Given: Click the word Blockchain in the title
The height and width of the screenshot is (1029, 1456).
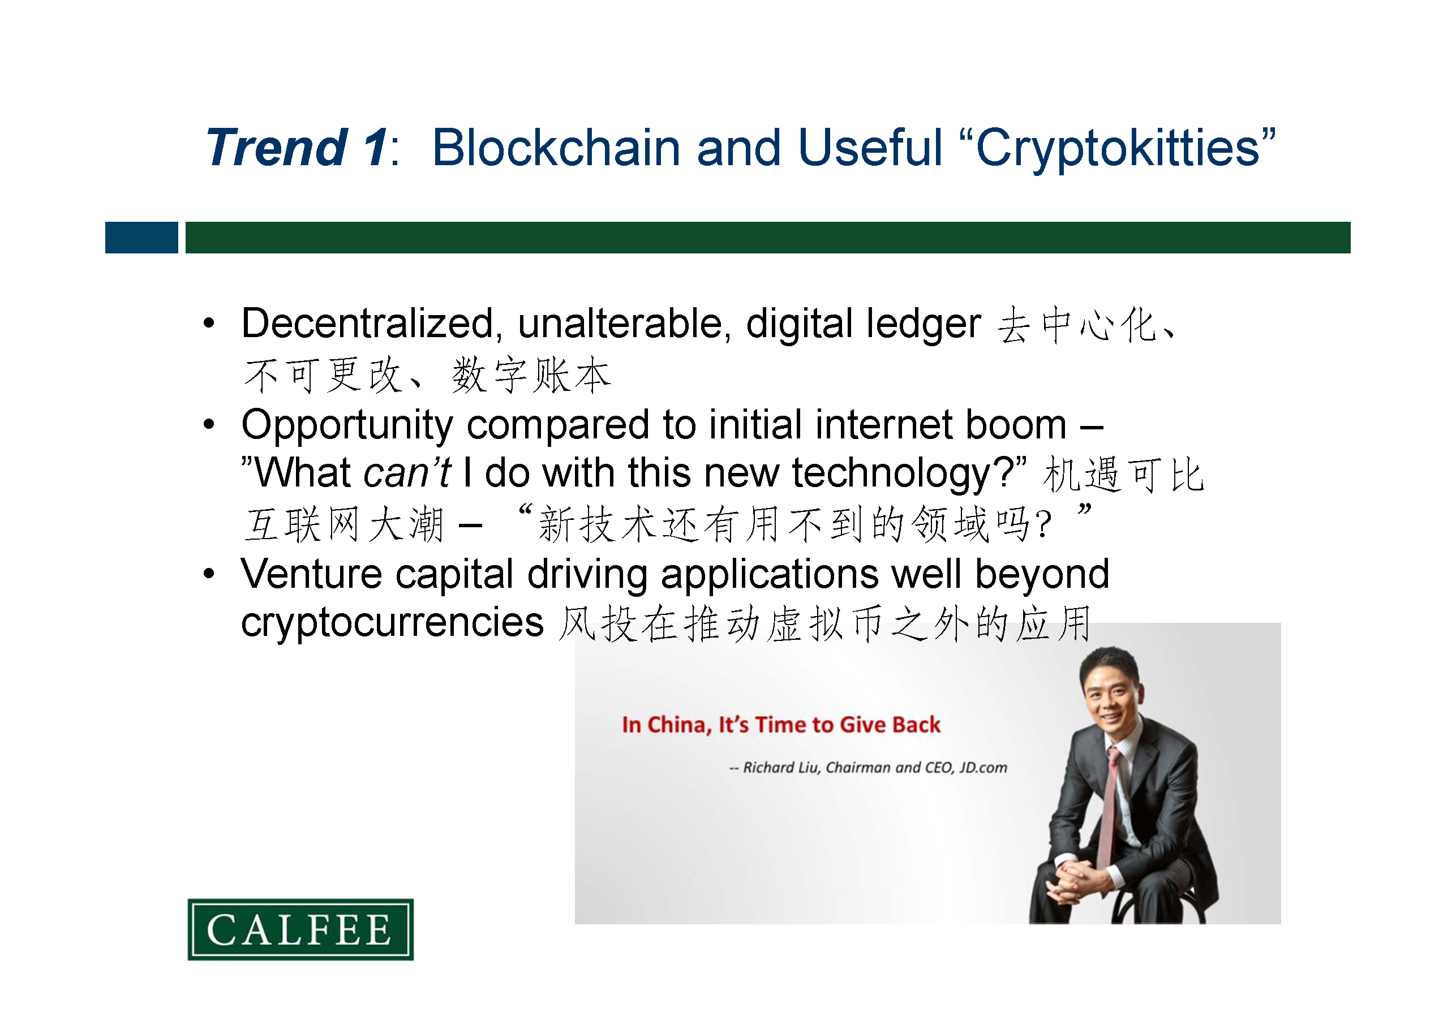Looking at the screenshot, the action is (x=556, y=147).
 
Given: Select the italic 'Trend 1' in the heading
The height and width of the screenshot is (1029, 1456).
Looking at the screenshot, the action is (x=297, y=147).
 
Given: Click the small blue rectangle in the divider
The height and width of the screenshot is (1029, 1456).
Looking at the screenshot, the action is (x=141, y=238).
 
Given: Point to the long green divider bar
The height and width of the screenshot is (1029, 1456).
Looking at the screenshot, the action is (x=768, y=238).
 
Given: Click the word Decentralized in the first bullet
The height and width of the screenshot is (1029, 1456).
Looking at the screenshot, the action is (x=368, y=324).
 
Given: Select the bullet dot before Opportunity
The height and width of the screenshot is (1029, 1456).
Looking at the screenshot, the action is (x=209, y=424).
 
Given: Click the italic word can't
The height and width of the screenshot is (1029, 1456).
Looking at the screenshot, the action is (x=407, y=472).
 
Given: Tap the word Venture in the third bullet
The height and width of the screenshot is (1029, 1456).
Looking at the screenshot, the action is (x=311, y=574).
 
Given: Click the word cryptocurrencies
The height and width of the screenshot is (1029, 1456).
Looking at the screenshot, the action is (x=393, y=623).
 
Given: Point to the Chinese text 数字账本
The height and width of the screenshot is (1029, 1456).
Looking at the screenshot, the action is (x=531, y=375).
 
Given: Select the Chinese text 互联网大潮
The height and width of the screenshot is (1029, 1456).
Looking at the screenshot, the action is (x=345, y=525).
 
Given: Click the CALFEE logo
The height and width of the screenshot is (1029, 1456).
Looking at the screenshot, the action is (x=300, y=929).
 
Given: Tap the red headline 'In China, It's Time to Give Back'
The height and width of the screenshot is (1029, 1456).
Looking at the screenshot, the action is (x=781, y=725).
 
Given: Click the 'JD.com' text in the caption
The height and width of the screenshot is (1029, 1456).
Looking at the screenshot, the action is (x=983, y=768).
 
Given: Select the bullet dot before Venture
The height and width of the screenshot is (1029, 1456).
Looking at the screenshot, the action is (x=209, y=574).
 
